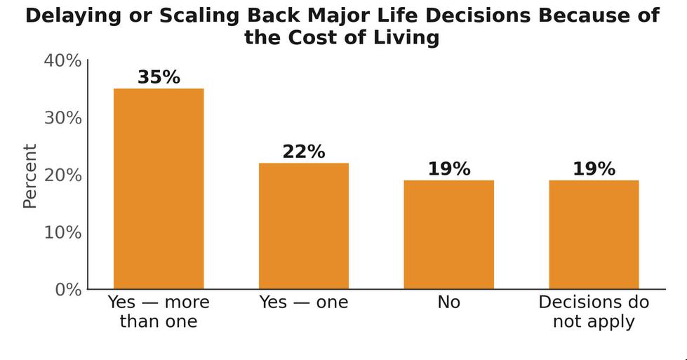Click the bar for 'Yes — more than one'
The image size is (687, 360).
coord(159,189)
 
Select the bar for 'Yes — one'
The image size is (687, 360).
coord(304,226)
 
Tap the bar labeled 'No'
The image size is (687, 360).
coord(448,235)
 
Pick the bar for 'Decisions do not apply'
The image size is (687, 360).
coord(594,235)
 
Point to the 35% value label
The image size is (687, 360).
coord(159,77)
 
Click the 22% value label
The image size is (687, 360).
coord(304,152)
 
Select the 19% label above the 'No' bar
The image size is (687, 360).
coord(448,168)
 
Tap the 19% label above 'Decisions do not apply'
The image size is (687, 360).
coord(594,168)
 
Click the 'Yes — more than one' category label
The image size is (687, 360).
coord(159,312)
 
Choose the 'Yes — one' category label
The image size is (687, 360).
coord(304,302)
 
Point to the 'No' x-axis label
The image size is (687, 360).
coord(448,302)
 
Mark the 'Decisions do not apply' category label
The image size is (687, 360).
coord(594,312)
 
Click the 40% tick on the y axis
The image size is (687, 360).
coord(62,61)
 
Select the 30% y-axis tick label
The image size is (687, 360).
coord(62,119)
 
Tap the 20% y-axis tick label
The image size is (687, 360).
coord(62,175)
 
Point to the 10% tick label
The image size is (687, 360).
coord(62,232)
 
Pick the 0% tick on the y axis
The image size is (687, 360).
coord(68,290)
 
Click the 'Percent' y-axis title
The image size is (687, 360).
coord(29,176)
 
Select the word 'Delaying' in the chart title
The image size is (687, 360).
coord(73,16)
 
